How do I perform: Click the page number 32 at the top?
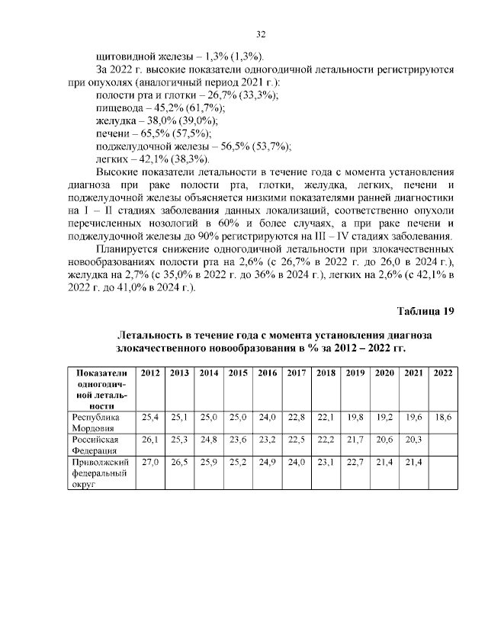260,35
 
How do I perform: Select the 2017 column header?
297,373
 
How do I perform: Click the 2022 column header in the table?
443,373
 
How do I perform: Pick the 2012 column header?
150,373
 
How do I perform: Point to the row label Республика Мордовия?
95,423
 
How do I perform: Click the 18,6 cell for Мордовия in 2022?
443,418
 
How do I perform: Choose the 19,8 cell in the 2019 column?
355,418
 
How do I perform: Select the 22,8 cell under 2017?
297,418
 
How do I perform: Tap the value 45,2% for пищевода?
166,108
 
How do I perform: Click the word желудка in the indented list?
115,121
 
